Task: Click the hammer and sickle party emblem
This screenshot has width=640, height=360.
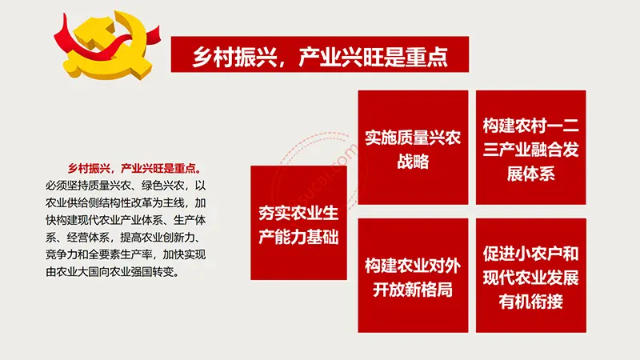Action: (x=107, y=45)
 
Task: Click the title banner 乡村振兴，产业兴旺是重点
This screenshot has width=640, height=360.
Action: (x=319, y=54)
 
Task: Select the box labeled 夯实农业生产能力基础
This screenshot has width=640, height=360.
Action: (x=298, y=223)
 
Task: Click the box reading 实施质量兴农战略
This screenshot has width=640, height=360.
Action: (x=413, y=147)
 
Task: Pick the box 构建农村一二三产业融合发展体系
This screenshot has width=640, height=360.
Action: (x=531, y=147)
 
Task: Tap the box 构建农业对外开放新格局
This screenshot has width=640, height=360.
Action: (x=413, y=275)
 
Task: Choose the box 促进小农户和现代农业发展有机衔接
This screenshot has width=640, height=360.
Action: (x=531, y=275)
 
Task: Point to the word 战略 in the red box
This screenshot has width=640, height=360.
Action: (x=413, y=162)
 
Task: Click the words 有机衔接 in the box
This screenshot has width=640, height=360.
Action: (x=531, y=302)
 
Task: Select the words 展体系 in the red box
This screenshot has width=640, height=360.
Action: (x=531, y=174)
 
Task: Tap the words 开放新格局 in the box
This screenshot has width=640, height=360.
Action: (x=413, y=290)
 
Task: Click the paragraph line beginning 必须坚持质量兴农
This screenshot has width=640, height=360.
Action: (x=126, y=186)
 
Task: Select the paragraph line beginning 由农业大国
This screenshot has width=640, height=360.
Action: (x=113, y=271)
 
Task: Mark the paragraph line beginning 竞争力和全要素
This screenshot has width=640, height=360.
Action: (x=126, y=254)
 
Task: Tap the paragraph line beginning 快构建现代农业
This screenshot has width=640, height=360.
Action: (x=126, y=220)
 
